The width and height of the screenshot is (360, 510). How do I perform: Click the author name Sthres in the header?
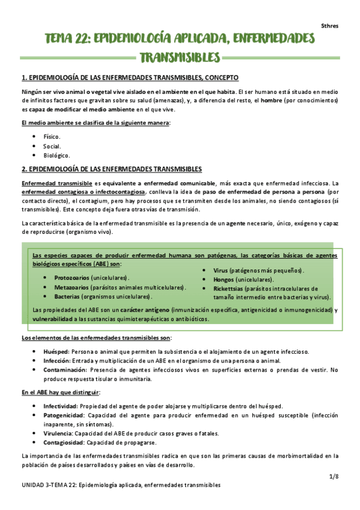pyautogui.click(x=329, y=25)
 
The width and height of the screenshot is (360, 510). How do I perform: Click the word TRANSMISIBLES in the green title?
pyautogui.click(x=180, y=58)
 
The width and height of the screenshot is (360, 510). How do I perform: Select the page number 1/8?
pyautogui.click(x=334, y=476)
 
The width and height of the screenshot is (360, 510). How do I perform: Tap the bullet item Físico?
pyautogui.click(x=52, y=137)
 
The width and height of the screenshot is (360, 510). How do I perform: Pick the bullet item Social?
pyautogui.click(x=52, y=146)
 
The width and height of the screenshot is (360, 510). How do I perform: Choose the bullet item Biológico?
pyautogui.click(x=55, y=155)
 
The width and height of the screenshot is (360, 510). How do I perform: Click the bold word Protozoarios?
pyautogui.click(x=71, y=278)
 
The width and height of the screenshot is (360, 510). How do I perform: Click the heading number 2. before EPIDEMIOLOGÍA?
pyautogui.click(x=24, y=169)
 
